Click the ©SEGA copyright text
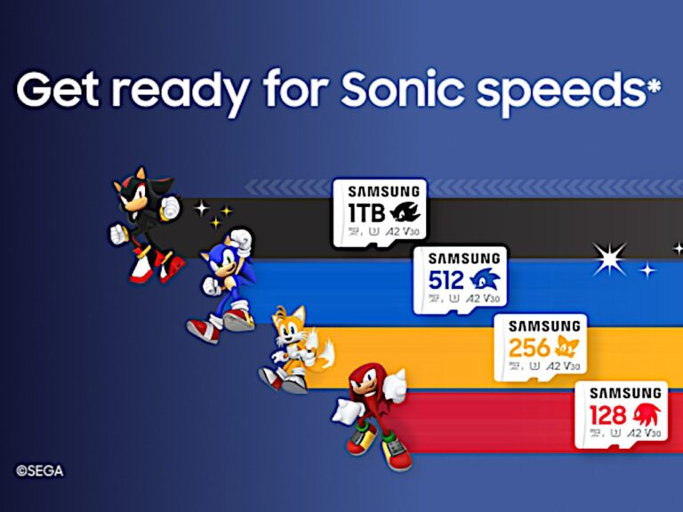tap(39, 471)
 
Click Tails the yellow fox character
tap(289, 349)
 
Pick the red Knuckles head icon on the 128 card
tap(647, 414)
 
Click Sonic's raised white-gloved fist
tap(241, 239)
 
